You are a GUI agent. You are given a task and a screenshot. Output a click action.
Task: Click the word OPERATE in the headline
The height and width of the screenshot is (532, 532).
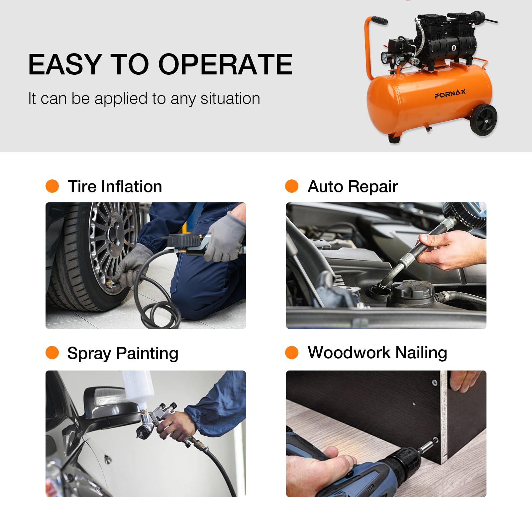226,64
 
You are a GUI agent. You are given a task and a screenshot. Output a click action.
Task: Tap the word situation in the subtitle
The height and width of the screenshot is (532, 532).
230,98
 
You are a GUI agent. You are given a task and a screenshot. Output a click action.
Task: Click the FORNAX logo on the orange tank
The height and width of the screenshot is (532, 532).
450,94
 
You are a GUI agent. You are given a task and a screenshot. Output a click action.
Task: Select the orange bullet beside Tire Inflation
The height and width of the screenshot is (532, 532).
52,186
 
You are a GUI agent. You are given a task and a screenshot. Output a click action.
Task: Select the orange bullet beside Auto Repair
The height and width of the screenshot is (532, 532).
292,186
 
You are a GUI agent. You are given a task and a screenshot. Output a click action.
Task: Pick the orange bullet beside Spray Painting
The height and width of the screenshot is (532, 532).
52,353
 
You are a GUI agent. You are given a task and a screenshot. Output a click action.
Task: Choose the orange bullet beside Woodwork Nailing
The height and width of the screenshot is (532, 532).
292,353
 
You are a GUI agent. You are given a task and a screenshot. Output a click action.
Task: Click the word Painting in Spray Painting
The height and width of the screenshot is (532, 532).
147,354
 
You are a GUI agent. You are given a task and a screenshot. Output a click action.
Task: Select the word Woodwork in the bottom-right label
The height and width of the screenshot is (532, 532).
349,353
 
